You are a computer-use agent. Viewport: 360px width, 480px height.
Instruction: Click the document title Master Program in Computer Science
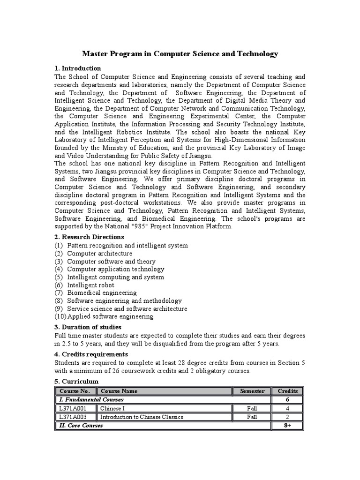[180, 54]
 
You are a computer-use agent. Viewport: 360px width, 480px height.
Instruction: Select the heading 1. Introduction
[78, 68]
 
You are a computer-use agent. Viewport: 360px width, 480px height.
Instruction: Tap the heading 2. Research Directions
[90, 237]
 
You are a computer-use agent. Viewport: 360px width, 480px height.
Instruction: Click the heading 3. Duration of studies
[88, 327]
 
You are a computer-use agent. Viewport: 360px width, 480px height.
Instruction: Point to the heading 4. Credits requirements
[91, 354]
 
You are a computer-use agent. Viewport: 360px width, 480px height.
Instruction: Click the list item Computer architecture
[99, 253]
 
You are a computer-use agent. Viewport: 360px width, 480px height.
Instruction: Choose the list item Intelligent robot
[90, 285]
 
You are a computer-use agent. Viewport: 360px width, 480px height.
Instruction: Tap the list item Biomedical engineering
[102, 293]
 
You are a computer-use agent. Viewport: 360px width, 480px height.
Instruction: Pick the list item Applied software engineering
[111, 316]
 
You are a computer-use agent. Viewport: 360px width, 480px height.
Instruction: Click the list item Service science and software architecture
[127, 309]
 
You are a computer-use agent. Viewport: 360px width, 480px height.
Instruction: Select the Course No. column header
[75, 391]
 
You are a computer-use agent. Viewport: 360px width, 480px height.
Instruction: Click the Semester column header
[252, 391]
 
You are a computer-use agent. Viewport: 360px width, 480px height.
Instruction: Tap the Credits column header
[288, 391]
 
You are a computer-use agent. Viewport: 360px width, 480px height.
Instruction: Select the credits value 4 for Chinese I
[288, 408]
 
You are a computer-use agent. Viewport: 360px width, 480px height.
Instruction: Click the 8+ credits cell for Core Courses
[288, 426]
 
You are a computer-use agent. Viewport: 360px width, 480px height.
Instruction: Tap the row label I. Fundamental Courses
[91, 399]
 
